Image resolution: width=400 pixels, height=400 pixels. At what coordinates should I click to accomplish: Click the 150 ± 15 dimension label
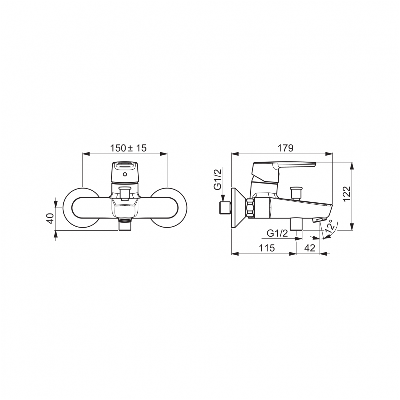click(128, 148)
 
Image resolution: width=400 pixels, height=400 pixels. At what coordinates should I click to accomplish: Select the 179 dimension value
click(285, 148)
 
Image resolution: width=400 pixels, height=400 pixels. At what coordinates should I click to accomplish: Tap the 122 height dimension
click(346, 194)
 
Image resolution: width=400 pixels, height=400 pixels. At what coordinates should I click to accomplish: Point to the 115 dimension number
click(267, 248)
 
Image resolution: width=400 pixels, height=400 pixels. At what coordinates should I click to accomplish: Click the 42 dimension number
click(310, 248)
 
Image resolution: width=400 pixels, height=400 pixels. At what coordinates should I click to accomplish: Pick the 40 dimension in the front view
click(51, 219)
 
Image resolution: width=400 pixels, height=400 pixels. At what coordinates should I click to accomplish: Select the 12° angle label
click(329, 227)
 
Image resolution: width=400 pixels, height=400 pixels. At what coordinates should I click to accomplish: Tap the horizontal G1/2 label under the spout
click(277, 233)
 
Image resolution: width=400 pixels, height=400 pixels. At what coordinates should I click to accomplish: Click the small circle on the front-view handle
click(125, 174)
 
